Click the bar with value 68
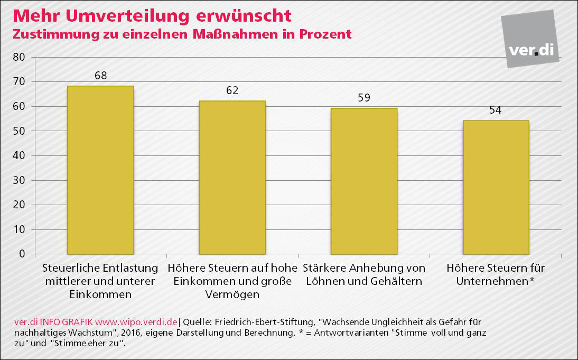(x=100, y=170)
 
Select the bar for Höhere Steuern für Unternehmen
(x=496, y=187)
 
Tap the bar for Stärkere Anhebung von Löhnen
(x=363, y=181)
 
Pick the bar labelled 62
(x=232, y=177)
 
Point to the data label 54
(x=495, y=110)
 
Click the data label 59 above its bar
(x=363, y=98)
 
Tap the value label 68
(x=100, y=76)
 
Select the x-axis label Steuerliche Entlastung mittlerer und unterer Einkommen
(x=100, y=281)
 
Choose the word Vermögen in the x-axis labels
(x=232, y=294)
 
